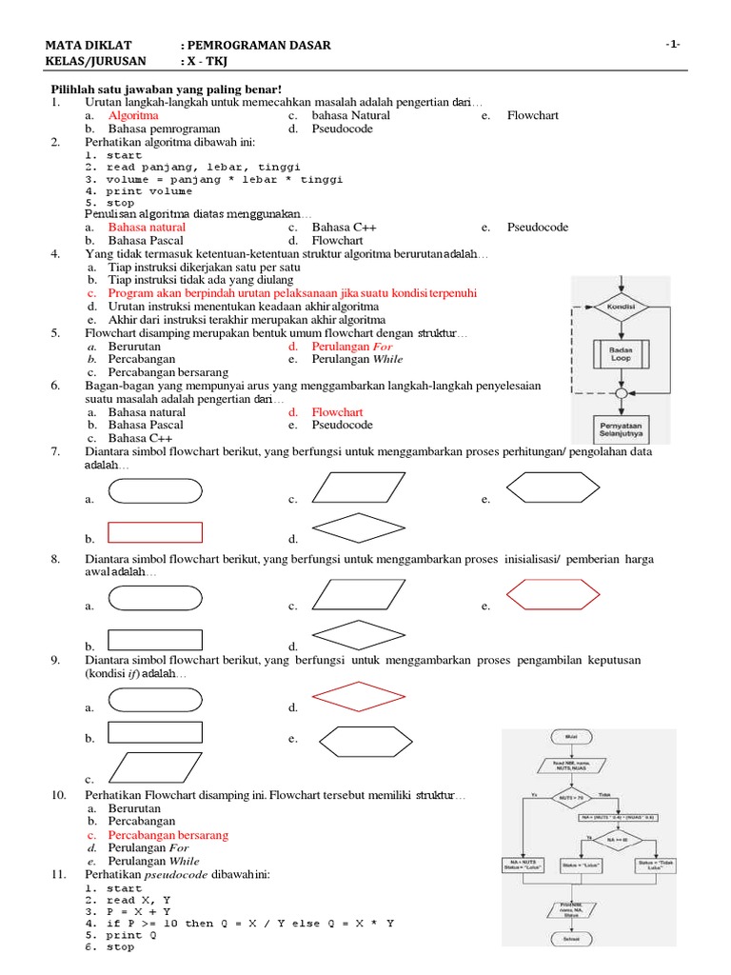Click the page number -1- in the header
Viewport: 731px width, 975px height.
[673, 45]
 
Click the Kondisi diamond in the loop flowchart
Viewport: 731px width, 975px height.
[622, 308]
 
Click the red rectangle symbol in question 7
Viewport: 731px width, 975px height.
[156, 532]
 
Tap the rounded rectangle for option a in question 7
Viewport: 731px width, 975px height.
[156, 490]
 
